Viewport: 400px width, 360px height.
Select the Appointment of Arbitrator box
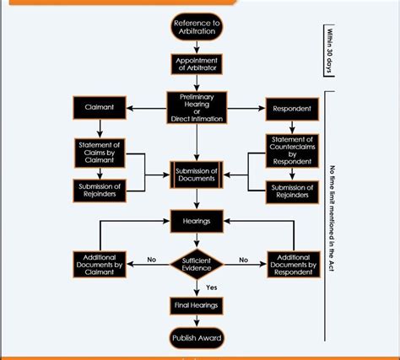197,66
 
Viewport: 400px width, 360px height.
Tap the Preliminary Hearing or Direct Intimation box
197,108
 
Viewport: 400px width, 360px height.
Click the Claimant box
100,108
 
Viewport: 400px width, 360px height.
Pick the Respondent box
292,108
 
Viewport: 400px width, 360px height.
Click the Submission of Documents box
197,173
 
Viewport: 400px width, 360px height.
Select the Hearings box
197,221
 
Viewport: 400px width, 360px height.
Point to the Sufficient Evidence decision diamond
197,264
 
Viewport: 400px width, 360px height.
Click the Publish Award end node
197,338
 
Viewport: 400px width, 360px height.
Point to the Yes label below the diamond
211,287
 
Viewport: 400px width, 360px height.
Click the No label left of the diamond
152,260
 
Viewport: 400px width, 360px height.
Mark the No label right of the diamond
243,260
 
